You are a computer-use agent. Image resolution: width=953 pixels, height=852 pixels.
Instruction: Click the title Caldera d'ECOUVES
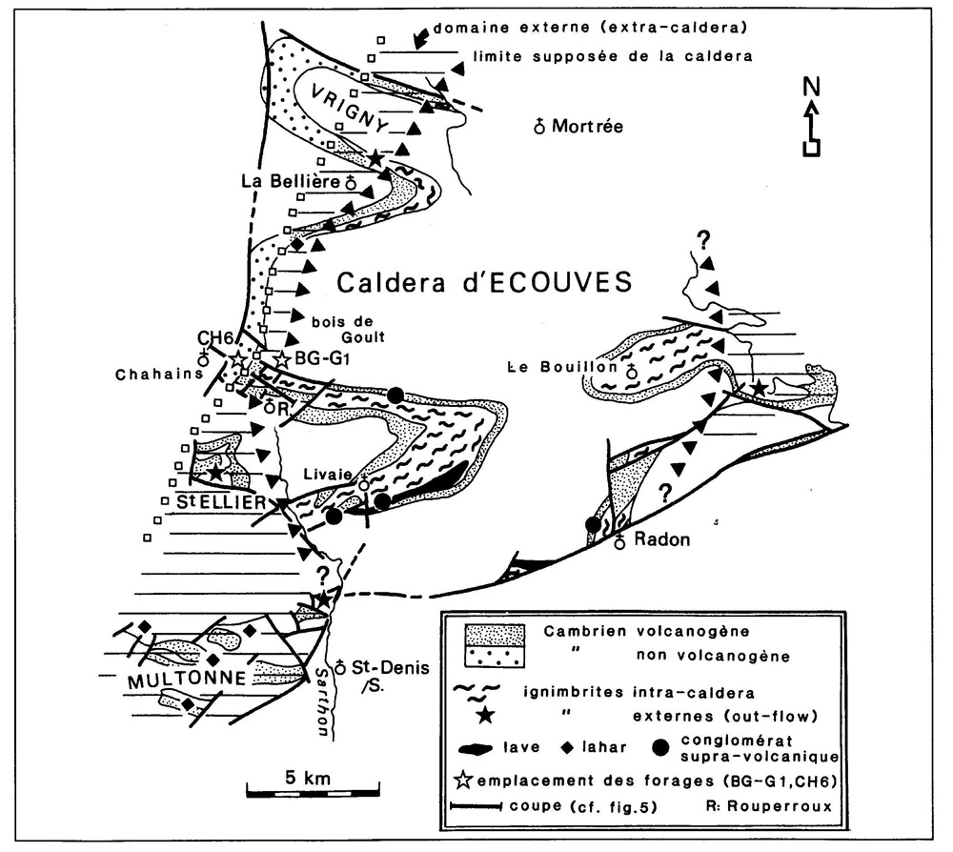(485, 282)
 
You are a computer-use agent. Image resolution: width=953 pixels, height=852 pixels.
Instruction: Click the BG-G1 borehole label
(314, 359)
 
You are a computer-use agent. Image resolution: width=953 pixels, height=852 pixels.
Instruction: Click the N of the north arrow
(811, 86)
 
